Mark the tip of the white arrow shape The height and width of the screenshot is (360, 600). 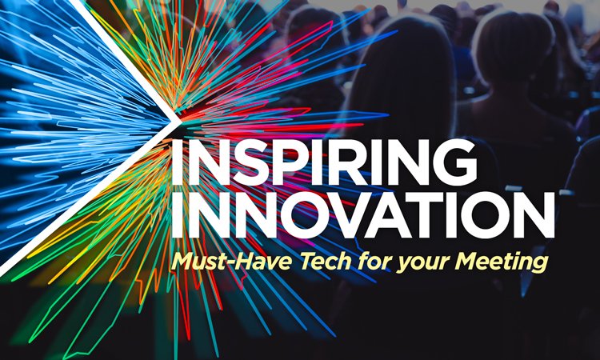click(x=177, y=118)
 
